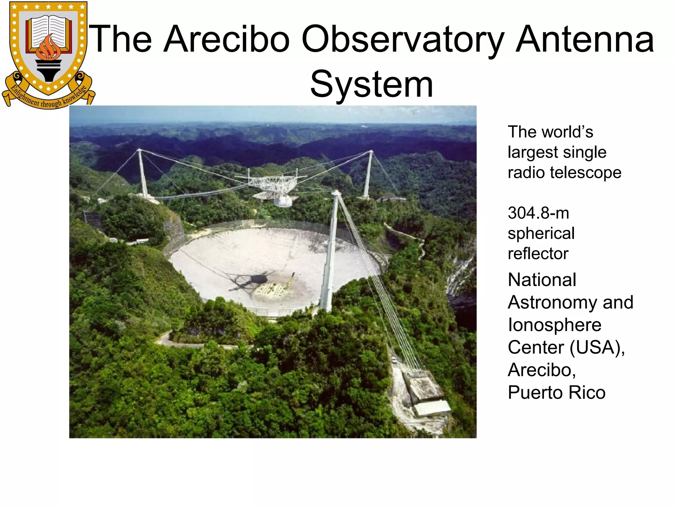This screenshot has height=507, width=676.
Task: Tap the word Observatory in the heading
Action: [x=403, y=40]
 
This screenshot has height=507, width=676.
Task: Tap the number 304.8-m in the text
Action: [x=538, y=213]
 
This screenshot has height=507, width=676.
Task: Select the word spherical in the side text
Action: [x=541, y=233]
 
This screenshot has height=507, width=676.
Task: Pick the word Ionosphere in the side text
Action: [x=555, y=325]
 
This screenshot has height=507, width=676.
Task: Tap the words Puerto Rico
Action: [x=557, y=392]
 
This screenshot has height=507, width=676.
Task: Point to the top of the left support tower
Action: [x=140, y=151]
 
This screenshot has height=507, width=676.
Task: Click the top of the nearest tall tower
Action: [x=335, y=192]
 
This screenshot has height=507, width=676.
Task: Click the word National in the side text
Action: [x=542, y=280]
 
